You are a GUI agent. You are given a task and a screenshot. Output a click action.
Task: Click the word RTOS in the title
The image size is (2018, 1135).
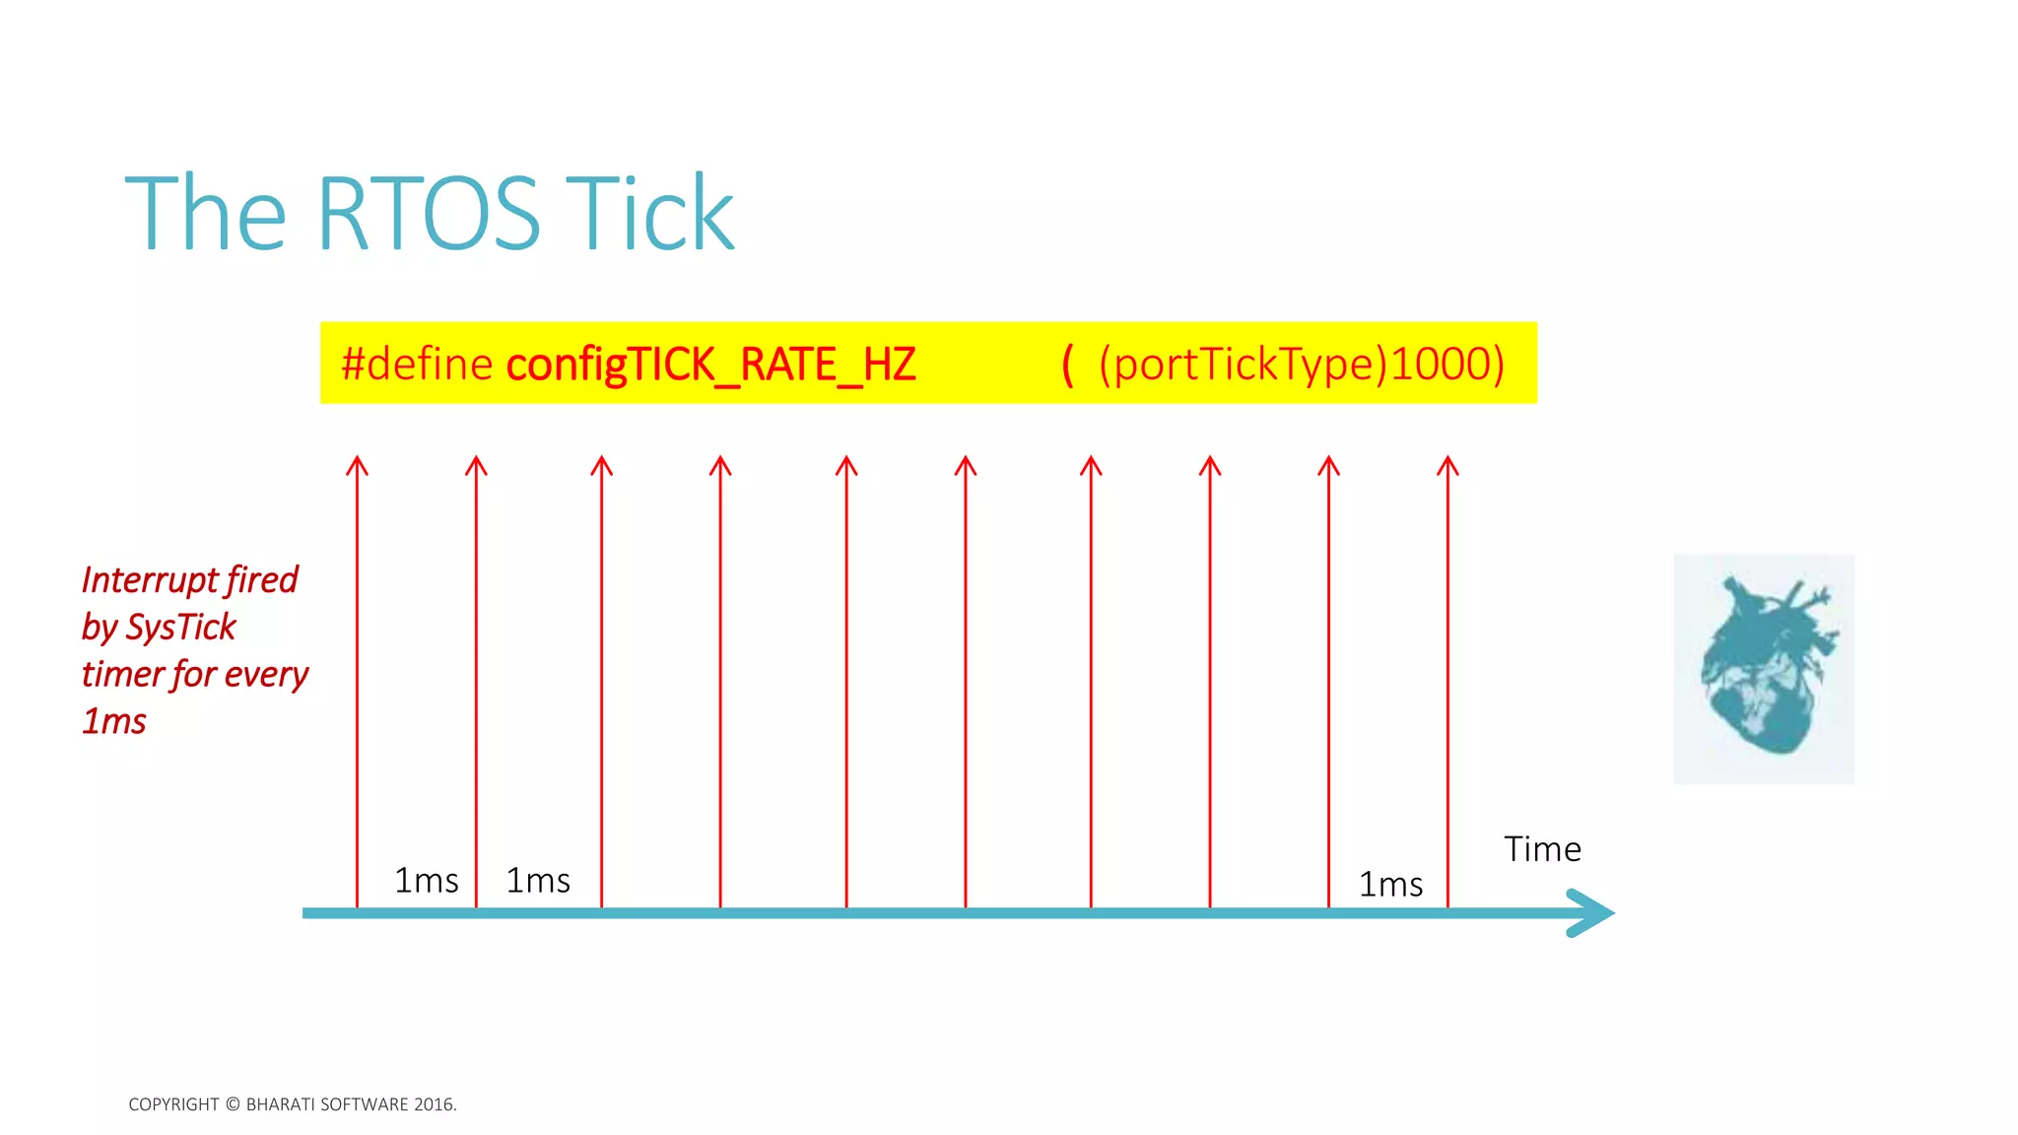coord(428,214)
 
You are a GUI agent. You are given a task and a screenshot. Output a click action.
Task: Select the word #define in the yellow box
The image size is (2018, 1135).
coord(417,364)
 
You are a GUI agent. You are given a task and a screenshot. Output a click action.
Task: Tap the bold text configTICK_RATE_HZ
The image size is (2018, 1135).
coord(710,365)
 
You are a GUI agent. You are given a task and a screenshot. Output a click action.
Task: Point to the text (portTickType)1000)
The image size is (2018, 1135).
coord(1301,364)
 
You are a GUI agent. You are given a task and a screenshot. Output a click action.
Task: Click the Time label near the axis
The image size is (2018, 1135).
coord(1542,849)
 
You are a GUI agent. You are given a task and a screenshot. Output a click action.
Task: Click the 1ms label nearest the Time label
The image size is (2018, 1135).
coord(1390,885)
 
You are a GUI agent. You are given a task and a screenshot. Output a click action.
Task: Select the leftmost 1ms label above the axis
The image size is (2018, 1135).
coord(426,881)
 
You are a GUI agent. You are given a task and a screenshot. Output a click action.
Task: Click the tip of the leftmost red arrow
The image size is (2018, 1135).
coord(357,459)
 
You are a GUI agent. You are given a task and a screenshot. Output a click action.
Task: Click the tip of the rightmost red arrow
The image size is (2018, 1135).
coord(1447,459)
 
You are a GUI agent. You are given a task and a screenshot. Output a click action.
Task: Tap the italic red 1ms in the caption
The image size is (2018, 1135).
coord(114,722)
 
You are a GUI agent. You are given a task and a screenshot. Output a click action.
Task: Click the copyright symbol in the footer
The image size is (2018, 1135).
coord(233,1104)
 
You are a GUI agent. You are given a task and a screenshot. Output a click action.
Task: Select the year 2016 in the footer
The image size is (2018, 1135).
coord(434,1104)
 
